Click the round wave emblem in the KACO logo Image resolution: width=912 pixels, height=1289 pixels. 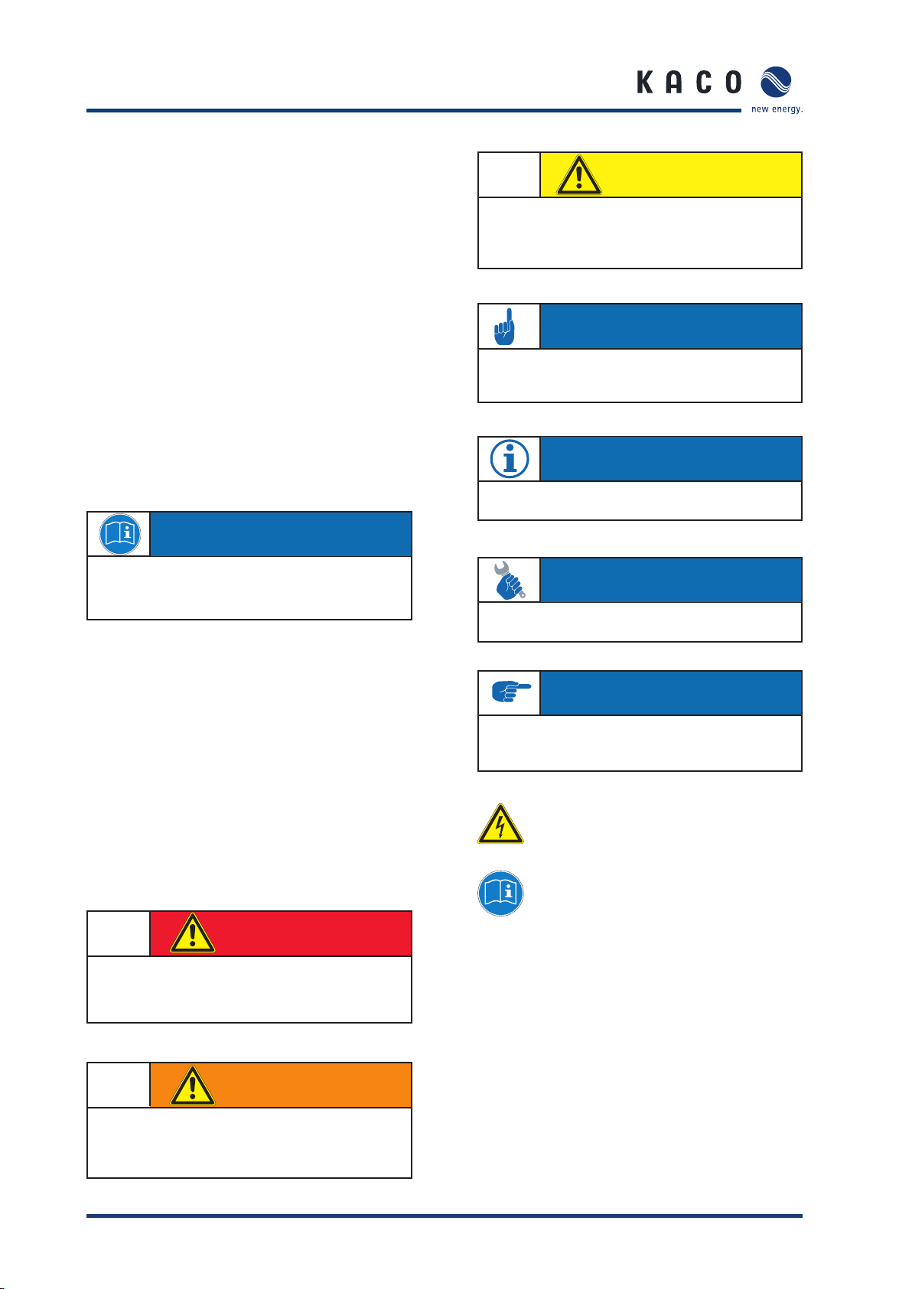776,83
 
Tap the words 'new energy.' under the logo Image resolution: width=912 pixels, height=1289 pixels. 777,109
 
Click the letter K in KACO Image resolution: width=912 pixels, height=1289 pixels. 644,83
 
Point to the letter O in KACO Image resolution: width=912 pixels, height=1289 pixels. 734,83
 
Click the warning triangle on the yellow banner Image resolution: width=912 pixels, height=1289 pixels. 579,175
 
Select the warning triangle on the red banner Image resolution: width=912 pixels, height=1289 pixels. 192,933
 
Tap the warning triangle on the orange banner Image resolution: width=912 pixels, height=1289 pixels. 192,1086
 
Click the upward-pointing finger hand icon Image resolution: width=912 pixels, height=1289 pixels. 504,327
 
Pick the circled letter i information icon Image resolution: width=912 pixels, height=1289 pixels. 510,459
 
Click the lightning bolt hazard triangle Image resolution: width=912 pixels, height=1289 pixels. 500,824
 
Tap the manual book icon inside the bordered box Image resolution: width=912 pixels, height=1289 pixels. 119,534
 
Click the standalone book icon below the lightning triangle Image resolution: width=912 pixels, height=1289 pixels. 500,893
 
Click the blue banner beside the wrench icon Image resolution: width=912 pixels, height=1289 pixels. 671,580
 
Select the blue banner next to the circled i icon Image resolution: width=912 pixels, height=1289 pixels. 671,459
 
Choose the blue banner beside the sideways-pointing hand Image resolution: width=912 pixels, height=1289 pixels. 671,693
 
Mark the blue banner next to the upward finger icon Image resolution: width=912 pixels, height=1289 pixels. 671,327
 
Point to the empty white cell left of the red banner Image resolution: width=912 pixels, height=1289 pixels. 119,933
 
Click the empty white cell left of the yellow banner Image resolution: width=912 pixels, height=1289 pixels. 510,175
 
